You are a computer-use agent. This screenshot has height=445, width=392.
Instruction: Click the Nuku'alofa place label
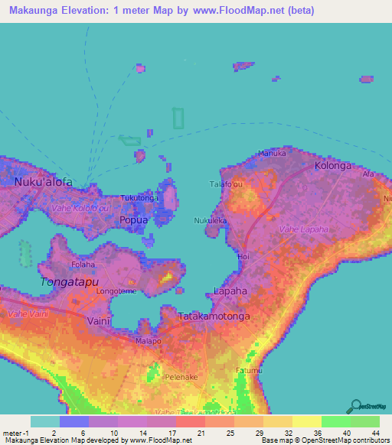tap(44, 182)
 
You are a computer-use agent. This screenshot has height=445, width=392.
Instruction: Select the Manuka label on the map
tap(271, 153)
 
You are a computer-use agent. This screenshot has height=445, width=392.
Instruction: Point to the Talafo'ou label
tap(227, 184)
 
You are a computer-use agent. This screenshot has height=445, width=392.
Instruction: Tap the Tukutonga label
tap(139, 197)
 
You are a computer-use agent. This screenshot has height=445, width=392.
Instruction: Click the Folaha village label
tap(83, 265)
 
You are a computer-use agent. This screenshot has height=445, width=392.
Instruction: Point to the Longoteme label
tap(117, 291)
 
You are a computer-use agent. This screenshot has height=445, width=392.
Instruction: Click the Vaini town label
tap(100, 321)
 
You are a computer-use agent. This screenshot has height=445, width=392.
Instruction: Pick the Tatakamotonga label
tap(214, 316)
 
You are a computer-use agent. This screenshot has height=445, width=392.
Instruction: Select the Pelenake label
tap(181, 377)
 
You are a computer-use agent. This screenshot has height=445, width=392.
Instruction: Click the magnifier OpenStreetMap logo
tap(355, 405)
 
